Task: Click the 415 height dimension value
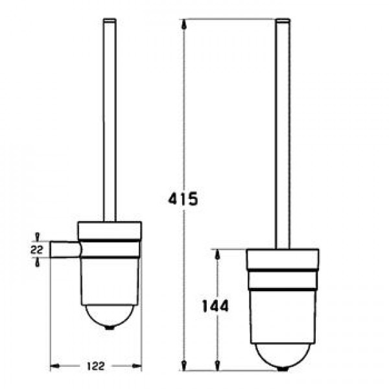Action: coord(183,198)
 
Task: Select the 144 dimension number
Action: coord(215,306)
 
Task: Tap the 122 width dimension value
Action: coord(96,366)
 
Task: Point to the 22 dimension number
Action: coord(37,250)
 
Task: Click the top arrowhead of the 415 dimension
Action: coord(184,24)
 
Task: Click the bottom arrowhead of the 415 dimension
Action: coord(184,366)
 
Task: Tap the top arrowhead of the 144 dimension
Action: coord(217,254)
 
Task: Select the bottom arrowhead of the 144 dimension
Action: coord(217,366)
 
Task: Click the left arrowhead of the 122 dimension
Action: coord(55,366)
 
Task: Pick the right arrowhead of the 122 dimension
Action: coord(137,366)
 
